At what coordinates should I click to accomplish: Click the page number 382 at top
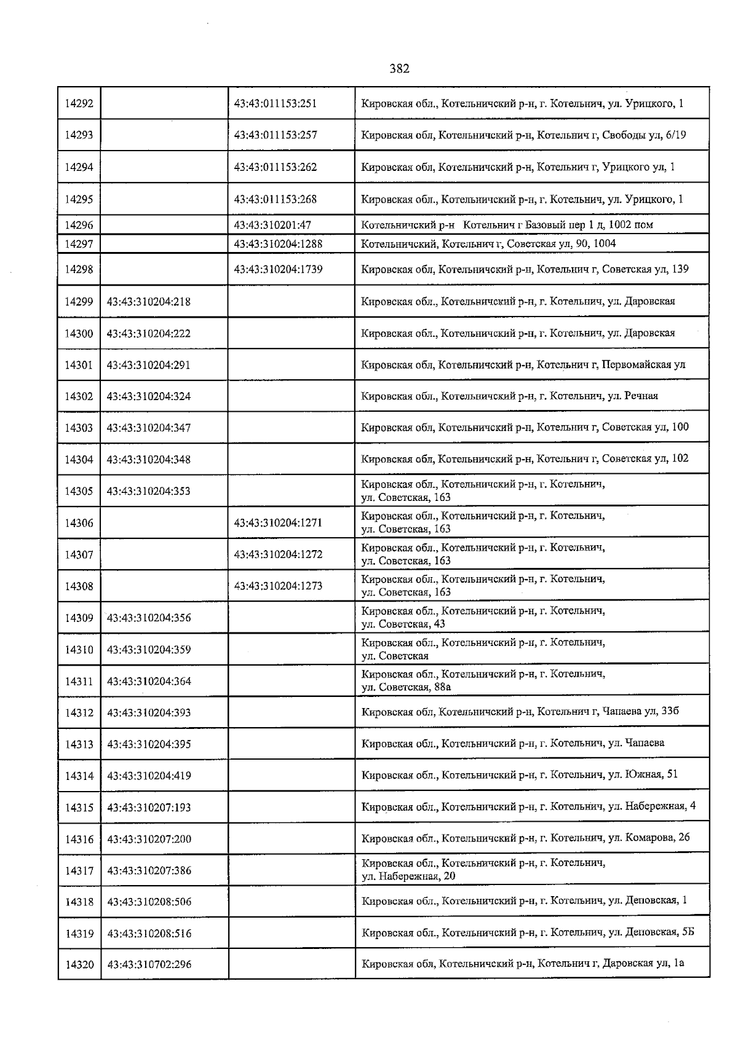pos(399,69)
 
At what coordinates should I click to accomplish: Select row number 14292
pos(79,103)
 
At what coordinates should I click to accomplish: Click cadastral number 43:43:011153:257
pos(276,135)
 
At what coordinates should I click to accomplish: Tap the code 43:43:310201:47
pos(272,225)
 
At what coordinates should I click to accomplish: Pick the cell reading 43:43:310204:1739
pos(278,269)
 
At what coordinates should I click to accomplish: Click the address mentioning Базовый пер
pos(507,225)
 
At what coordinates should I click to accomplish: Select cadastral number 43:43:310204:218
pos(148,302)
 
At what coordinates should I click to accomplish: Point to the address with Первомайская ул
pos(523,365)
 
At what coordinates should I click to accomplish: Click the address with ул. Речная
pos(509,396)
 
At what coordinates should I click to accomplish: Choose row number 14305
pos(79,491)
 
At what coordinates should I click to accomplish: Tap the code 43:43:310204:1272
pos(278,554)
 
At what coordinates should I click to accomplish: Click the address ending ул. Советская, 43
pos(483,618)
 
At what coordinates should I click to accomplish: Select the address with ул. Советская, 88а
pos(483,681)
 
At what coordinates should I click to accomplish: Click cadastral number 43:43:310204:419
pos(149,776)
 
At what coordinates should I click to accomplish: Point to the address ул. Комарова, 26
pos(525,838)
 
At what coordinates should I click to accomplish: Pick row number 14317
pos(79,870)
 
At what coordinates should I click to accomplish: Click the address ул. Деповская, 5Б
pos(528,933)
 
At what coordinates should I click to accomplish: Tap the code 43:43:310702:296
pos(149,965)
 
